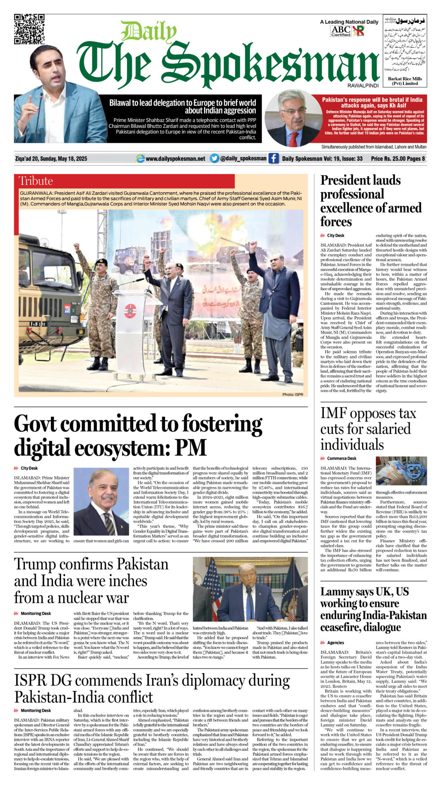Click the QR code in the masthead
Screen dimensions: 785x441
point(29,29)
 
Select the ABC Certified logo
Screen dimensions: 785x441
point(341,31)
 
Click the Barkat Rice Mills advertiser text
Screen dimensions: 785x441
point(405,81)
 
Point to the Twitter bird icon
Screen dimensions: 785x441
point(214,158)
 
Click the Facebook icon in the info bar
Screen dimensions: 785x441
point(273,158)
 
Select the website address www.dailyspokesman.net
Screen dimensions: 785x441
point(175,159)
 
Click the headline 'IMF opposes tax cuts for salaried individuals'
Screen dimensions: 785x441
point(367,429)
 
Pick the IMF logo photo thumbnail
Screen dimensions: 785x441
point(401,471)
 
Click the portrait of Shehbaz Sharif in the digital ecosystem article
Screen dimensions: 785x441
point(101,501)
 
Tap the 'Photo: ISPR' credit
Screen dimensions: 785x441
point(292,394)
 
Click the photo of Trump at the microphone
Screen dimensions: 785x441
point(250,589)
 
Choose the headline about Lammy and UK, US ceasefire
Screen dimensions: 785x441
point(373,609)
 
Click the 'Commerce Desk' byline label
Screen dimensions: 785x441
point(341,458)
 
